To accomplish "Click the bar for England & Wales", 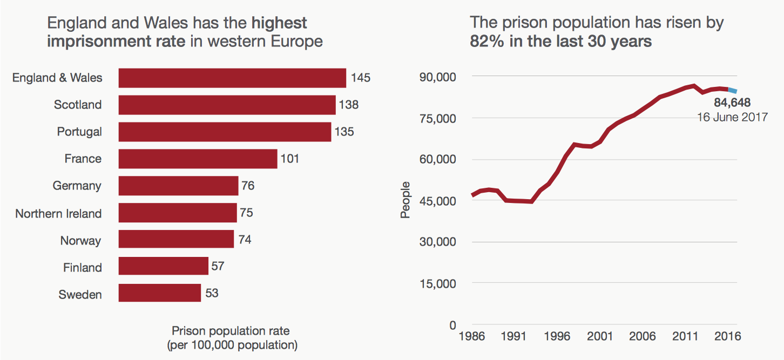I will pyautogui.click(x=232, y=78).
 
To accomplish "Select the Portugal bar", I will pyautogui.click(x=225, y=132).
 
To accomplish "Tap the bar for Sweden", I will pyautogui.click(x=160, y=294).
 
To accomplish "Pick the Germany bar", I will pyautogui.click(x=178, y=186).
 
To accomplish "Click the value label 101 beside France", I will pyautogui.click(x=289, y=159).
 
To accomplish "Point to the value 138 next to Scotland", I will pyautogui.click(x=349, y=105).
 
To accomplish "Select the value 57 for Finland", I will pyautogui.click(x=218, y=267).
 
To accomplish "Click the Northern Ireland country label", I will pyautogui.click(x=58, y=213).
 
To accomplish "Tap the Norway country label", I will pyautogui.click(x=80, y=240).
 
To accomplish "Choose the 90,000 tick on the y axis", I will pyautogui.click(x=438, y=77).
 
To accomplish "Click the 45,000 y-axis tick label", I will pyautogui.click(x=438, y=201).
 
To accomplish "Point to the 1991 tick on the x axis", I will pyautogui.click(x=513, y=336).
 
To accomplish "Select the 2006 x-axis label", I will pyautogui.click(x=641, y=336).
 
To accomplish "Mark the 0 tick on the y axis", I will pyautogui.click(x=453, y=325).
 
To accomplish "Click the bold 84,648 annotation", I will pyautogui.click(x=732, y=103).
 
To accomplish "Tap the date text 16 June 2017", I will pyautogui.click(x=732, y=117).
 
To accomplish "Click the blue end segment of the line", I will pyautogui.click(x=732, y=91).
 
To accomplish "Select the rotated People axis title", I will pyautogui.click(x=405, y=200).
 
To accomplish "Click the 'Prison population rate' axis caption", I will pyautogui.click(x=231, y=330).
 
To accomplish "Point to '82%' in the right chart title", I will pyautogui.click(x=486, y=41).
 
